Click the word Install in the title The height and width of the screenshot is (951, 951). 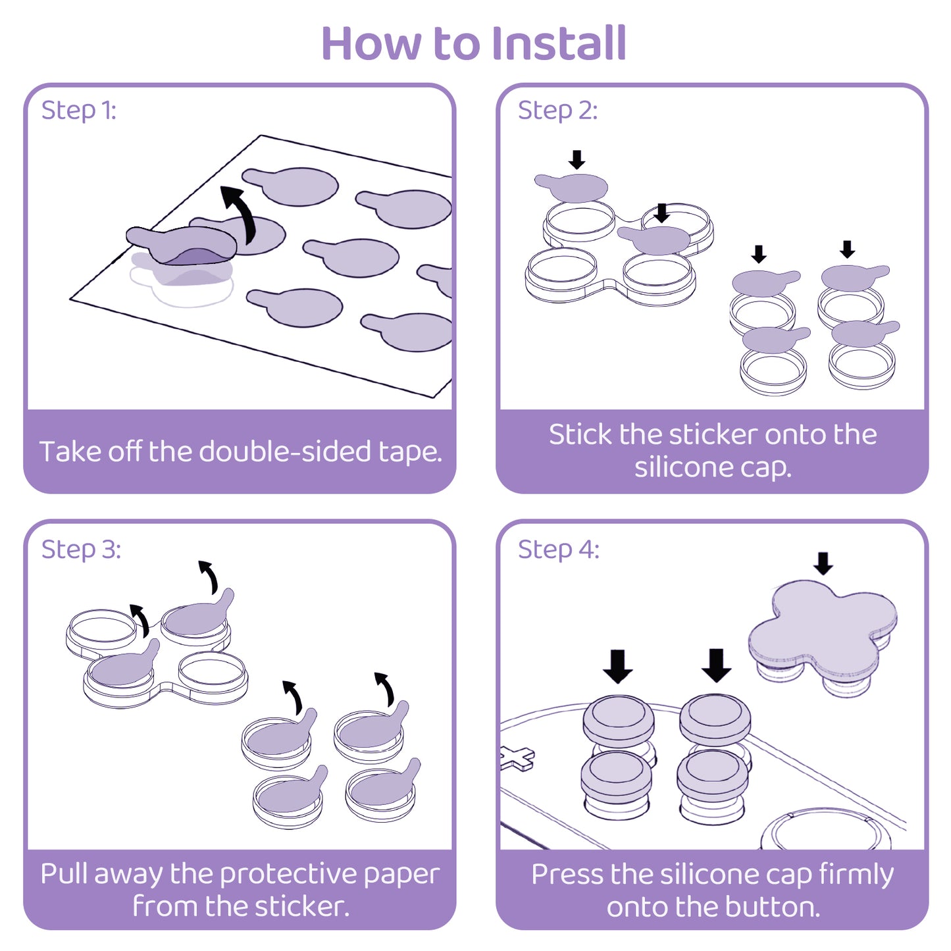[x=559, y=43]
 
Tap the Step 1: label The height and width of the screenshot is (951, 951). [x=78, y=110]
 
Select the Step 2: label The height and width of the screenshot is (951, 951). [x=557, y=110]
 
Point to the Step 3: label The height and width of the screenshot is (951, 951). [x=81, y=549]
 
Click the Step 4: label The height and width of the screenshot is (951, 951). [x=558, y=549]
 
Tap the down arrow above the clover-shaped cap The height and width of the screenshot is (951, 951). [x=823, y=563]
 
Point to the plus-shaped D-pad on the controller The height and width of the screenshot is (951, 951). [x=517, y=758]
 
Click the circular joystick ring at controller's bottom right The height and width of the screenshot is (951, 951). [x=825, y=833]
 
